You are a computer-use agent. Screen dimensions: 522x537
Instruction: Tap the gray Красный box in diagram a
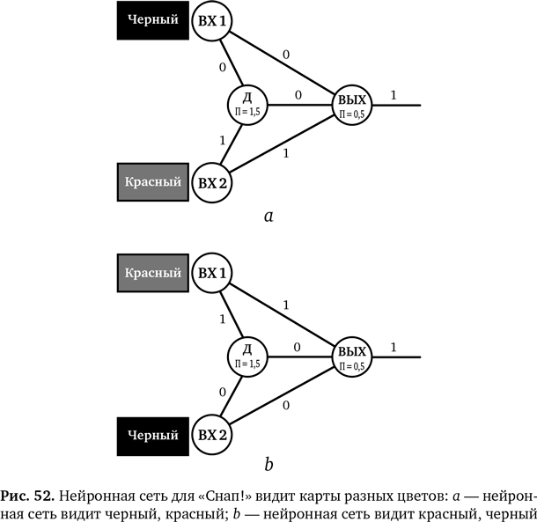[x=154, y=182]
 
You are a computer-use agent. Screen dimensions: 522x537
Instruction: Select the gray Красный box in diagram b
[x=154, y=273]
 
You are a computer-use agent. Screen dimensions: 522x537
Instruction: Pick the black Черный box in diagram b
[x=154, y=434]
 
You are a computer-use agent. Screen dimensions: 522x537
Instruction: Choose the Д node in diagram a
[x=246, y=103]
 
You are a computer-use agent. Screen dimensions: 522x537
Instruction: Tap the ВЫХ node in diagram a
[x=352, y=104]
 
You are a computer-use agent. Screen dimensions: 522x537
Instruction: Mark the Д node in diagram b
[x=246, y=356]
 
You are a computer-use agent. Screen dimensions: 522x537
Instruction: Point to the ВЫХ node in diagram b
[x=352, y=356]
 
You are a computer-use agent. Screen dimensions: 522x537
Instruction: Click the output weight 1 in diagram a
[x=393, y=94]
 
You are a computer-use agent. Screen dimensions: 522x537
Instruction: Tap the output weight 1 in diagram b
[x=393, y=347]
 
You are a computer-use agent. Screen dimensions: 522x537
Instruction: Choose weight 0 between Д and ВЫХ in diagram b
[x=297, y=347]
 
